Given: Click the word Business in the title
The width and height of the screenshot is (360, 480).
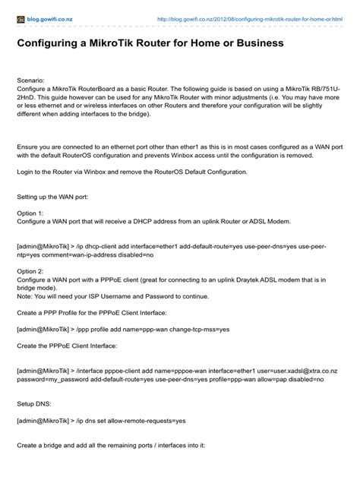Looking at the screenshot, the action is pyautogui.click(x=255, y=43).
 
